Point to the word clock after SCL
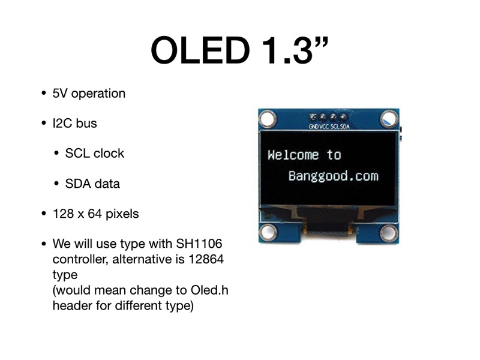pyautogui.click(x=109, y=154)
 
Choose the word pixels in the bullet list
pyautogui.click(x=122, y=214)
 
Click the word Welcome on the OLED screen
pyautogui.click(x=293, y=155)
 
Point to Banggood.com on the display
pyautogui.click(x=333, y=176)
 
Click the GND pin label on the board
pyautogui.click(x=314, y=127)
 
